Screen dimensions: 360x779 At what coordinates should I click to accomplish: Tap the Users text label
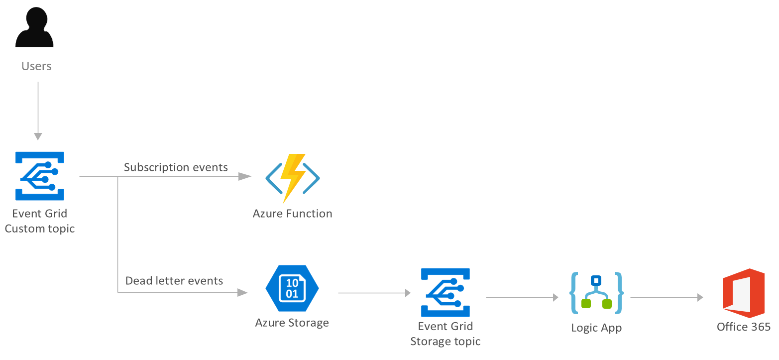pos(36,66)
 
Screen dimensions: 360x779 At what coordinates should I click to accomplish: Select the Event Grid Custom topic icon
pos(40,176)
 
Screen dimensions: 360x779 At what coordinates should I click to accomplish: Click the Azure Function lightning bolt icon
pos(292,178)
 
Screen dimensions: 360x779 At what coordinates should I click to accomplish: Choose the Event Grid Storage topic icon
pos(445,292)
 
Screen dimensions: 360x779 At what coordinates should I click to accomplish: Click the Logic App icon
pos(596,293)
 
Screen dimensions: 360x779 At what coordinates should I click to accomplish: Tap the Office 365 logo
pos(743,293)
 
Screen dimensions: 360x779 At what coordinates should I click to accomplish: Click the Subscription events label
pos(176,167)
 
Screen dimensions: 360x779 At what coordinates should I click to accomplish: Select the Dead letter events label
pos(174,281)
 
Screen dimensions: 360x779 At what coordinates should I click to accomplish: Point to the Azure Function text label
pos(292,214)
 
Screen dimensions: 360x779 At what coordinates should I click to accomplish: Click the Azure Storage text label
pos(292,323)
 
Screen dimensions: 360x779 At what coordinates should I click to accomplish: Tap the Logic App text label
pos(596,328)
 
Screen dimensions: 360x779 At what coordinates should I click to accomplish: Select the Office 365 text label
pos(743,327)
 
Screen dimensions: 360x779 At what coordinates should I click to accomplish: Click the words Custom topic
pos(40,229)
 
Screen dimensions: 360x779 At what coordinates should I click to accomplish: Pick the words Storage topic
pos(445,342)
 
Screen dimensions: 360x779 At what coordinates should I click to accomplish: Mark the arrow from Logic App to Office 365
pos(667,297)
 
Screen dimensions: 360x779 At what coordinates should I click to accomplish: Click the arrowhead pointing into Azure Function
pos(245,176)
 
